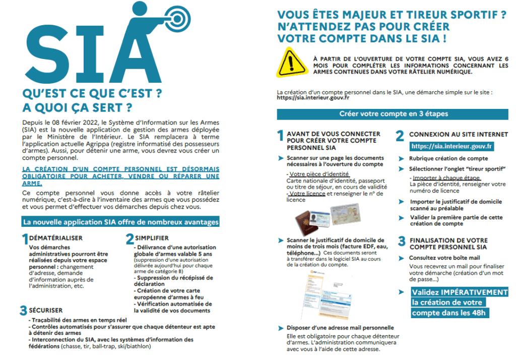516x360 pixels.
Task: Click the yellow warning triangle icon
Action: click(291, 61)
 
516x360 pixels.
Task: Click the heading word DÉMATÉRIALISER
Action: click(55, 237)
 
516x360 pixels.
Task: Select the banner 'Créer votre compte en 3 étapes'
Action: click(393, 114)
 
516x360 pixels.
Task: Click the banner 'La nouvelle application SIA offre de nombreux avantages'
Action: click(120, 222)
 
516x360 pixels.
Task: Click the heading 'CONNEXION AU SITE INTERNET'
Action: click(451, 135)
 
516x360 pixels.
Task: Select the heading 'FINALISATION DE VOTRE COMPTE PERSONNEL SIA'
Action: click(448, 244)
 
